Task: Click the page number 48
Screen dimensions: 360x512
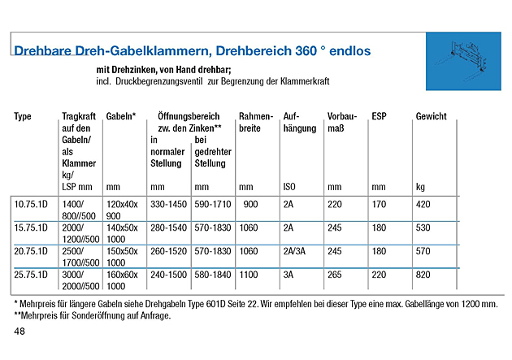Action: click(20, 332)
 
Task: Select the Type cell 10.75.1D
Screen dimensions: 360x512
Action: click(31, 204)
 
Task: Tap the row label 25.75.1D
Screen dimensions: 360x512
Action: click(31, 275)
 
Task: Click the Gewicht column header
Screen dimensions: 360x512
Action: click(431, 117)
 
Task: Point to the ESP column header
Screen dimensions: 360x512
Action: click(379, 117)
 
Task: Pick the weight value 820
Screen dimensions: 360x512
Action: click(423, 275)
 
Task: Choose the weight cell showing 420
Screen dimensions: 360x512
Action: click(423, 204)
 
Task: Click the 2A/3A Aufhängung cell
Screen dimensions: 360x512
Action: click(296, 251)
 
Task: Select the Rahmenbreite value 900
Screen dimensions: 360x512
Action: click(250, 204)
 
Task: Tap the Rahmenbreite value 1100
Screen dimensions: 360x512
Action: click(249, 275)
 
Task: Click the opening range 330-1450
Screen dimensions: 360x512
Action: click(170, 204)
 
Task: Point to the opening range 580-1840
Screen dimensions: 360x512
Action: click(214, 275)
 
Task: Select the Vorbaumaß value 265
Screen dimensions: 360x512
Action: click(335, 275)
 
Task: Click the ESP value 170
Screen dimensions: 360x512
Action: click(379, 204)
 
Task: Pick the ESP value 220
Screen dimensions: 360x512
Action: click(379, 275)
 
